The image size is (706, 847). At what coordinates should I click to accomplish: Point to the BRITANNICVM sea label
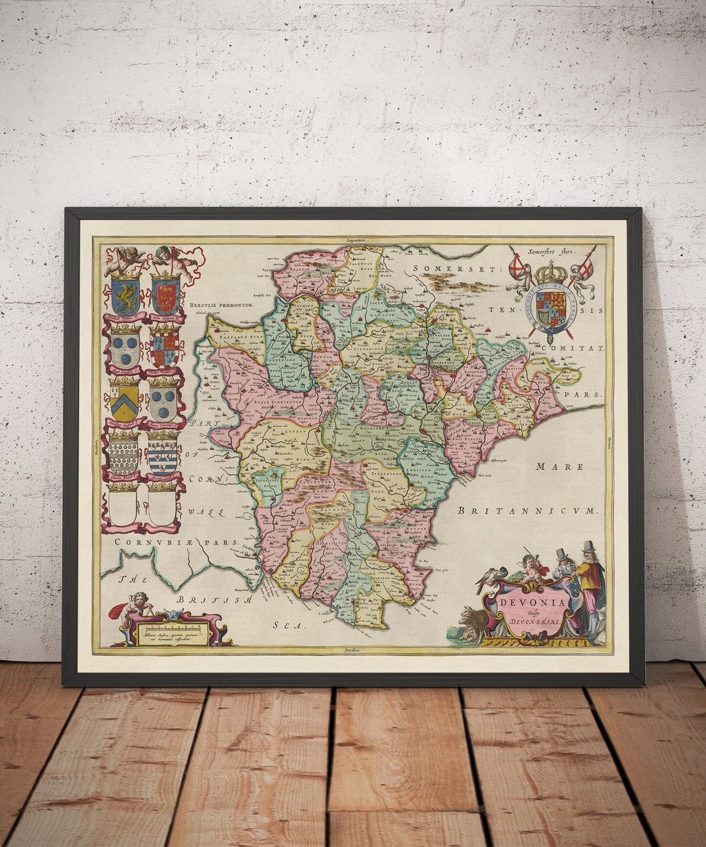(x=528, y=510)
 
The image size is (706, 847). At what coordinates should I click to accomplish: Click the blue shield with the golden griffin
(x=125, y=295)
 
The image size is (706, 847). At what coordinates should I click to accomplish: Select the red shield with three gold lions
(x=165, y=295)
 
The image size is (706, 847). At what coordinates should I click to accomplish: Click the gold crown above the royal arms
(x=552, y=271)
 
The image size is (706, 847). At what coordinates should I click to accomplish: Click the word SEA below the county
(x=289, y=625)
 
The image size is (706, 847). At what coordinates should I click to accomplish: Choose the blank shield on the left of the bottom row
(x=123, y=506)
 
